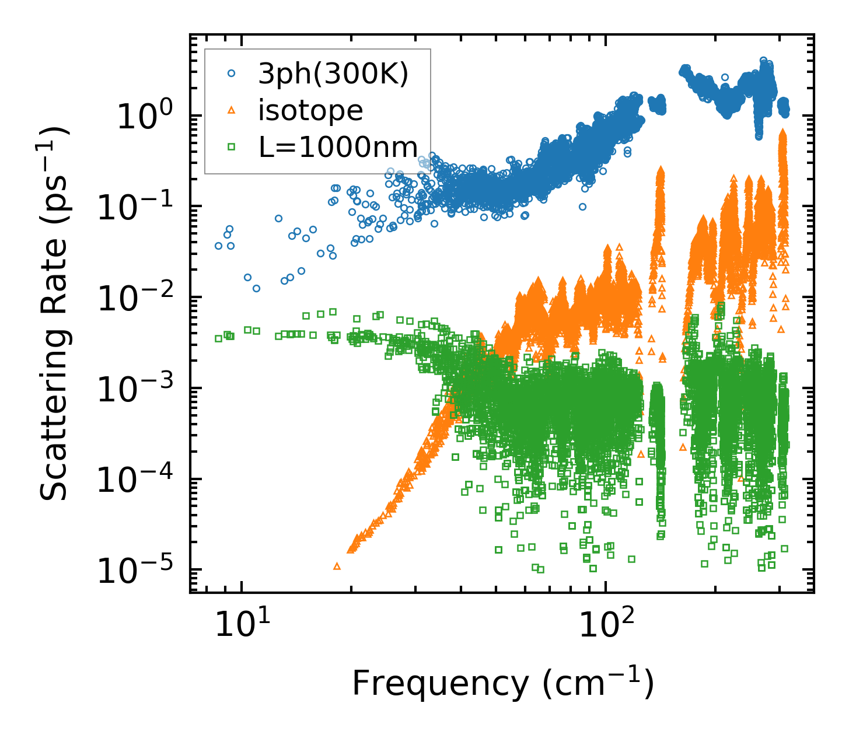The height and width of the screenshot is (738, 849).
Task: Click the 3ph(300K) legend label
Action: click(x=333, y=74)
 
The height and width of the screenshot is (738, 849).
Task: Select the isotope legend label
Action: click(x=310, y=111)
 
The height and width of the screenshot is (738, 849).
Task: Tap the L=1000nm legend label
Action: click(x=338, y=148)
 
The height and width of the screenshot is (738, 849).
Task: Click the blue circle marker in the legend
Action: click(x=231, y=74)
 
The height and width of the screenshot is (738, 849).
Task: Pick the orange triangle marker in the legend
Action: click(x=231, y=110)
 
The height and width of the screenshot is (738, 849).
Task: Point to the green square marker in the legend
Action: click(x=231, y=148)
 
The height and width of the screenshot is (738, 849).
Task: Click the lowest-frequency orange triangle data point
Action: click(x=337, y=566)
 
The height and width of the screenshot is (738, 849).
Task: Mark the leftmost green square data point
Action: click(x=218, y=338)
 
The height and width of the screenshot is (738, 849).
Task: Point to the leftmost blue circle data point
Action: click(x=218, y=246)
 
